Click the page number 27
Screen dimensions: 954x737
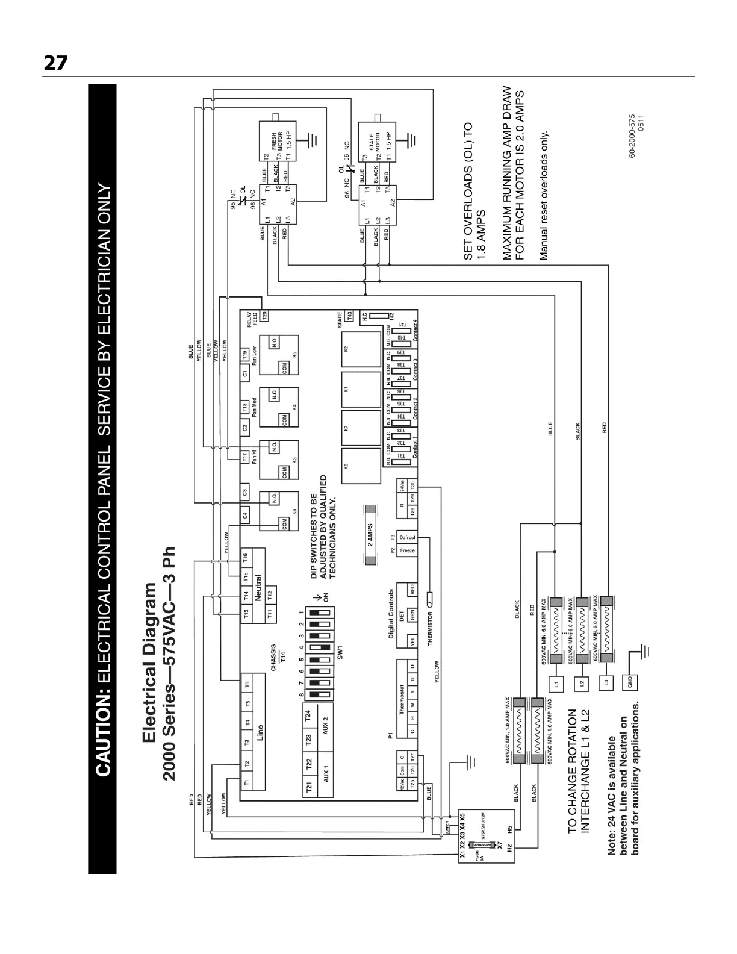[55, 63]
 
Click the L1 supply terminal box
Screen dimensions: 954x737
[556, 684]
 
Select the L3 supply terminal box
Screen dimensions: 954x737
[606, 684]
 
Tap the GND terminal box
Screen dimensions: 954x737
[630, 684]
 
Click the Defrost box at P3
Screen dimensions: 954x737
[407, 537]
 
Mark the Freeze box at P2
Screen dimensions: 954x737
[407, 550]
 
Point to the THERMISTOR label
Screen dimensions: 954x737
[430, 629]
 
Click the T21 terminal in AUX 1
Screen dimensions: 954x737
[309, 787]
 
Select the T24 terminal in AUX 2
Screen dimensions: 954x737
[309, 715]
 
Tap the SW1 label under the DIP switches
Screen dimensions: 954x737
[340, 652]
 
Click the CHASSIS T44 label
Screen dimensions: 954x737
[278, 658]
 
